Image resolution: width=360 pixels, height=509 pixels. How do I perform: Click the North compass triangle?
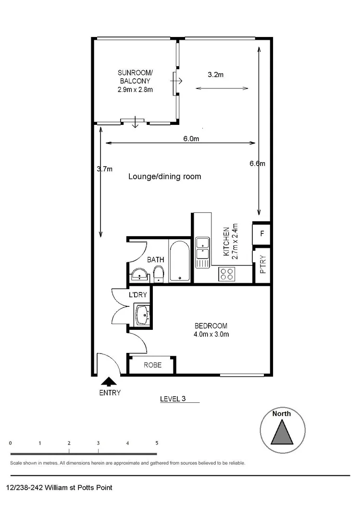pyautogui.click(x=282, y=432)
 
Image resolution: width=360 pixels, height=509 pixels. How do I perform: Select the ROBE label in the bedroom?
pyautogui.click(x=152, y=365)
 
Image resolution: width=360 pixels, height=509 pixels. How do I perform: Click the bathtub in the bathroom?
pyautogui.click(x=180, y=262)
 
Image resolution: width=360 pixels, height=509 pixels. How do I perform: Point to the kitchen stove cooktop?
pyautogui.click(x=227, y=274)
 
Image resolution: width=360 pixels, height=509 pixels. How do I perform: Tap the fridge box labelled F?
pyautogui.click(x=262, y=234)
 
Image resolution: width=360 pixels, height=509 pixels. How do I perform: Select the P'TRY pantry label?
pyautogui.click(x=262, y=264)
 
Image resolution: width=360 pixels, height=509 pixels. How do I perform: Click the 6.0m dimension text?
pyautogui.click(x=191, y=139)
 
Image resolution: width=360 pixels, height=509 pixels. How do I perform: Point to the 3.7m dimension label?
pyautogui.click(x=104, y=169)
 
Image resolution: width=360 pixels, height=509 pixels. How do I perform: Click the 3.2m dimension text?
pyautogui.click(x=216, y=74)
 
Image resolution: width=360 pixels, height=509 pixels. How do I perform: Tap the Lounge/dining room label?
pyautogui.click(x=164, y=177)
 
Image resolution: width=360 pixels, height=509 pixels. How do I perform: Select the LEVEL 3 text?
pyautogui.click(x=173, y=399)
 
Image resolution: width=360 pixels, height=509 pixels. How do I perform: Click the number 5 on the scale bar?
pyautogui.click(x=157, y=443)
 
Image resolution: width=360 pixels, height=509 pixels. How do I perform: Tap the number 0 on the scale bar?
pyautogui.click(x=11, y=443)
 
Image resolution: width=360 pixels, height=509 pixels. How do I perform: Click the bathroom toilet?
pyautogui.click(x=158, y=275)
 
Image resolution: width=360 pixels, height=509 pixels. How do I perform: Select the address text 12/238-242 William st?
pyautogui.click(x=60, y=488)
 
